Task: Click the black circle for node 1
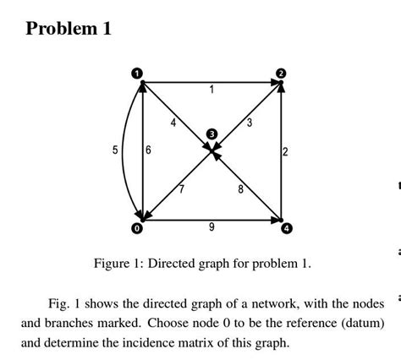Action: pyautogui.click(x=135, y=74)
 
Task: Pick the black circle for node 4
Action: pyautogui.click(x=286, y=228)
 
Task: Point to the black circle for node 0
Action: pyautogui.click(x=135, y=228)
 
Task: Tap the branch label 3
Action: pyautogui.click(x=250, y=123)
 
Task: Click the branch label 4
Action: pyautogui.click(x=173, y=123)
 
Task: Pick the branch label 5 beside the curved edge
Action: pyautogui.click(x=115, y=150)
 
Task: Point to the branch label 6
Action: pyautogui.click(x=149, y=150)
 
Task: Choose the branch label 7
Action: pyautogui.click(x=179, y=188)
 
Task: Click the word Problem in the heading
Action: pyautogui.click(x=60, y=29)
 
